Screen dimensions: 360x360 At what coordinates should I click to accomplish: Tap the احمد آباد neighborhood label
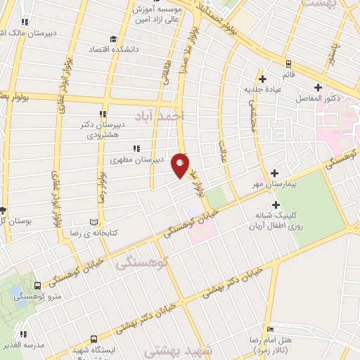tap(162, 114)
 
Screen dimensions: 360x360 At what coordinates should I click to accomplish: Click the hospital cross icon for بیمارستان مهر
tap(274, 173)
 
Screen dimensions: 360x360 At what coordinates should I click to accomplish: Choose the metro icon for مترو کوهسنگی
tap(37, 285)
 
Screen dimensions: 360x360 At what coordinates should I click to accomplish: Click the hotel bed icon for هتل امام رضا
tap(271, 328)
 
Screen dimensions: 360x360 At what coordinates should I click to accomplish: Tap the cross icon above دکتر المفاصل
tap(319, 87)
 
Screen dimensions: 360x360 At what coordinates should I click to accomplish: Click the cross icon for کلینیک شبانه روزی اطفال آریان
tap(276, 205)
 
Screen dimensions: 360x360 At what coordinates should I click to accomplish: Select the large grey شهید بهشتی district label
tap(172, 349)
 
